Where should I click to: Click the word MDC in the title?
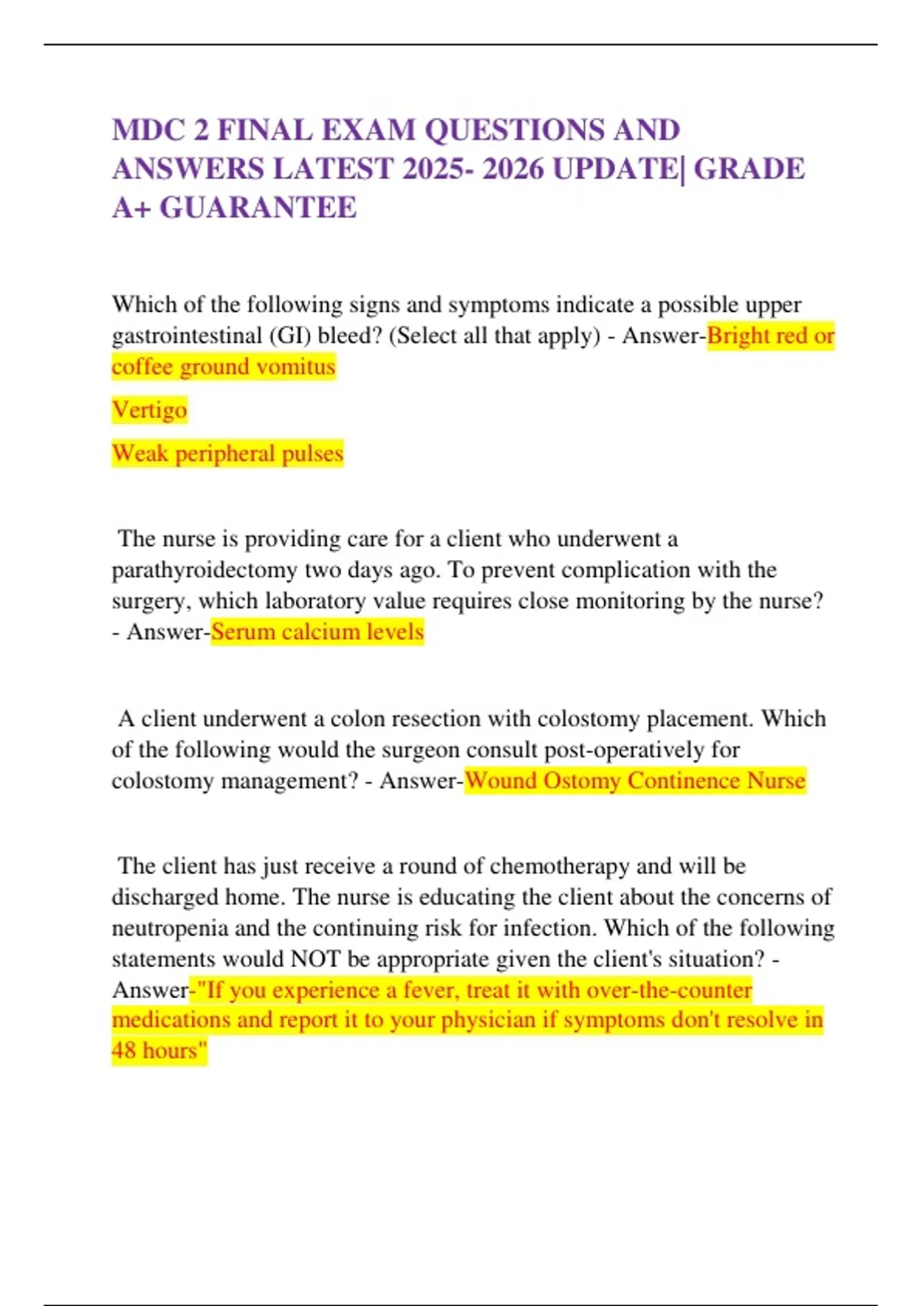point(149,131)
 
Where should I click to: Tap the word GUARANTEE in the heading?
point(258,207)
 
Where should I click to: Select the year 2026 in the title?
point(513,169)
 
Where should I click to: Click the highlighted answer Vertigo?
point(149,409)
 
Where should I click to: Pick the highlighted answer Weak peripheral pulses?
point(227,453)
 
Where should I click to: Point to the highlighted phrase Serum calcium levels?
point(317,631)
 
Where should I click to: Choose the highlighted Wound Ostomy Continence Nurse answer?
point(635,781)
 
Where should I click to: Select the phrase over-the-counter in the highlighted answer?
point(668,989)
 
